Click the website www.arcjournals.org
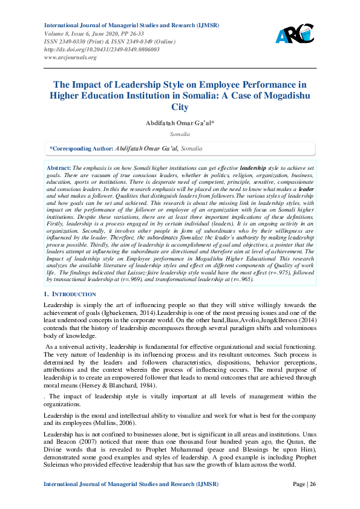70,57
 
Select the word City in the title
180,107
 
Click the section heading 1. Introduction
70,294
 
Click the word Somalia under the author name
180,134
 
